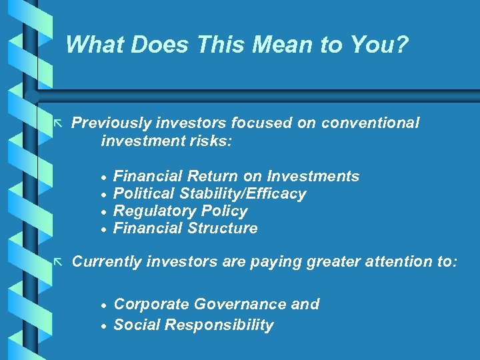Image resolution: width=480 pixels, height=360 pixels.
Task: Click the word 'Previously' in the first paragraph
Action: (111, 123)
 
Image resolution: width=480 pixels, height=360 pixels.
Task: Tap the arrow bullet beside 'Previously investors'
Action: (59, 124)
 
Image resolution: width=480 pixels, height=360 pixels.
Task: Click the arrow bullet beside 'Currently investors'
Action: (59, 262)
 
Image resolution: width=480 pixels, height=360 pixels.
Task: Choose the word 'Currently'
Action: (107, 262)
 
